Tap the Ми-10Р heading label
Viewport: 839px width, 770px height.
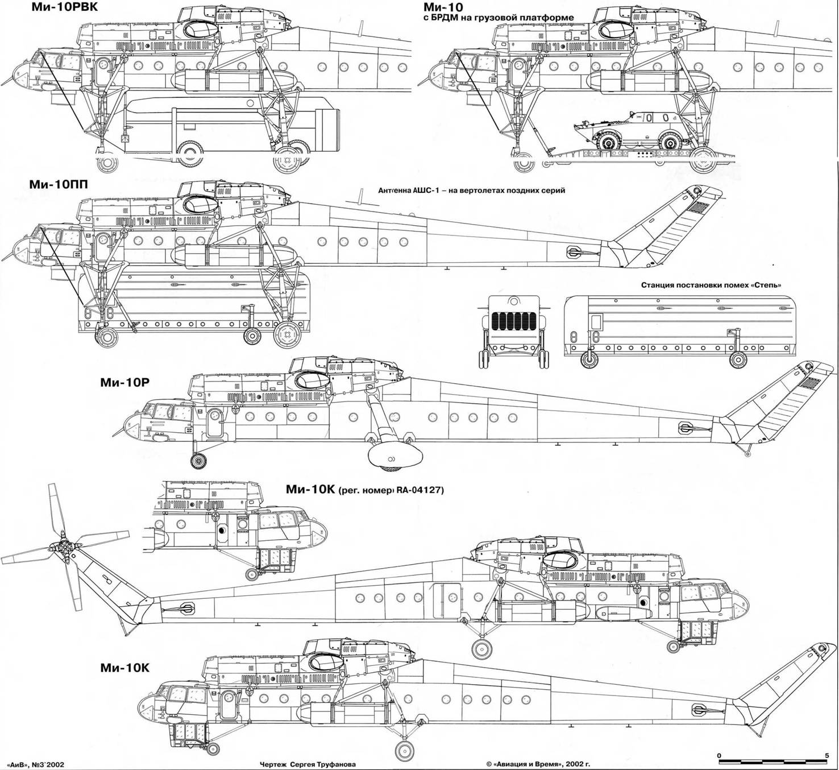click(124, 383)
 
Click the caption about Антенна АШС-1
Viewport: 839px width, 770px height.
click(471, 191)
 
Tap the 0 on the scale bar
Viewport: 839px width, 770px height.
click(720, 756)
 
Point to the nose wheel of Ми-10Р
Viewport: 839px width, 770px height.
click(198, 461)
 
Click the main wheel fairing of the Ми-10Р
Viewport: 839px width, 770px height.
click(394, 455)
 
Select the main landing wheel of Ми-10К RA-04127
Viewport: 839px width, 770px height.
click(483, 648)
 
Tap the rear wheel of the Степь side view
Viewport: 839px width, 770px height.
click(738, 359)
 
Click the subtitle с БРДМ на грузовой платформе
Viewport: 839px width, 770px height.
click(498, 18)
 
